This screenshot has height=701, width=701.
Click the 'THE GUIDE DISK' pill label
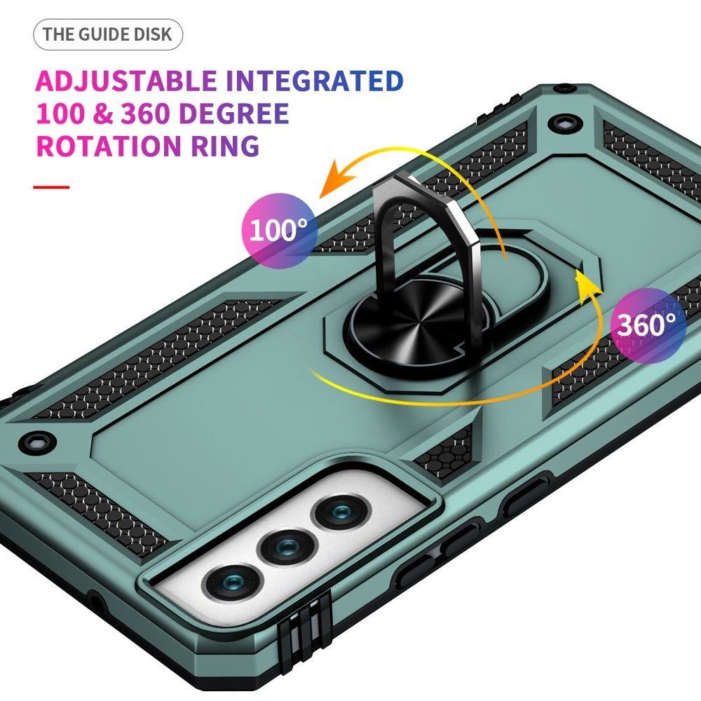point(107,35)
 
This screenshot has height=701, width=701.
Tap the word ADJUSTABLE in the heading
point(126,81)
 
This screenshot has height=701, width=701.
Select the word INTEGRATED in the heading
point(315,81)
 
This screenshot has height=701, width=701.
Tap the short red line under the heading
point(51,187)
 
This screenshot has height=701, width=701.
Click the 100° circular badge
point(279,229)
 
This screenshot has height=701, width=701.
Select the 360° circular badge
point(648,324)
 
